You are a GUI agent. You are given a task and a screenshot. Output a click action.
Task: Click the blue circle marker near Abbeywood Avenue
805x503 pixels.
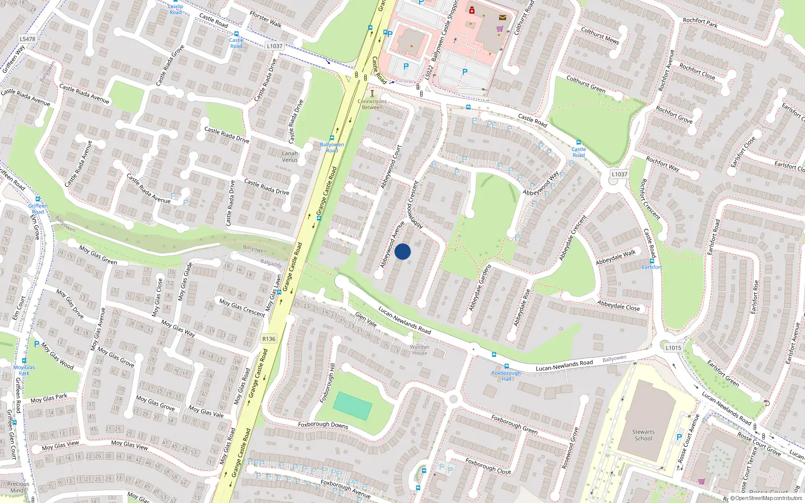(403, 251)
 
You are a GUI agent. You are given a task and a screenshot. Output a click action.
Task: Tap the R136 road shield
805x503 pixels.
(269, 339)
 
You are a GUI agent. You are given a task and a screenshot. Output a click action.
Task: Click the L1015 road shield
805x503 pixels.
(673, 348)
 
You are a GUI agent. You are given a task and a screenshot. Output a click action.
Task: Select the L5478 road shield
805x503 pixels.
(28, 39)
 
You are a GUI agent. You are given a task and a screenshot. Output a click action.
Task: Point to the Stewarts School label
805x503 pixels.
(643, 435)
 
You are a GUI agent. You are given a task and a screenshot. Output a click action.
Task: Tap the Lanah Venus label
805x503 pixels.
(290, 156)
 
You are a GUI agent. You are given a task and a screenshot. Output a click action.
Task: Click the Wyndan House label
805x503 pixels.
(420, 350)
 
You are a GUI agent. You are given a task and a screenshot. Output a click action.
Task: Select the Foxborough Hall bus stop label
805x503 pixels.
(506, 376)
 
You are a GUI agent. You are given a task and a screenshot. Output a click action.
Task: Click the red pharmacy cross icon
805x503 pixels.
(472, 10)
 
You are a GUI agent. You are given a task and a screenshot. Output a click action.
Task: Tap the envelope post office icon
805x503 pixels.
(502, 17)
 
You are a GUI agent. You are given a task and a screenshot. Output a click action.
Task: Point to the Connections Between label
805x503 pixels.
(372, 104)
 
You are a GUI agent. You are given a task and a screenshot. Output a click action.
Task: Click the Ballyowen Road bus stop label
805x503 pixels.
(332, 147)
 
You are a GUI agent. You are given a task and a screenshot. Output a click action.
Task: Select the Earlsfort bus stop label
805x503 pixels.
(652, 267)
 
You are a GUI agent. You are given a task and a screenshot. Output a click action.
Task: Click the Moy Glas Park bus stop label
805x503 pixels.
(24, 370)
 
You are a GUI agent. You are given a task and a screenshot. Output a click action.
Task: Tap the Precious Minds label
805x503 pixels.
(18, 487)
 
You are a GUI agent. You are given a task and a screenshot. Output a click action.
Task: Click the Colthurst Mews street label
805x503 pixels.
(600, 36)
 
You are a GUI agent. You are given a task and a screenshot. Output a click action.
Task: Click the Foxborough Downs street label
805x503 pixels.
(323, 425)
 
